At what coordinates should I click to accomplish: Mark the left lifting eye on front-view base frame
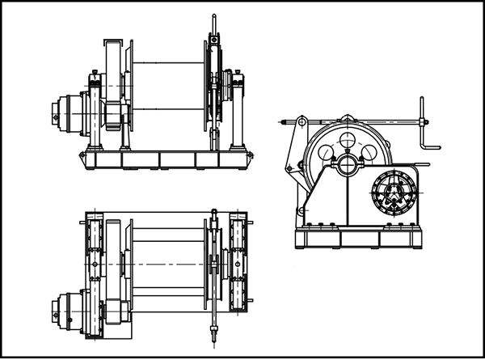tap(81, 152)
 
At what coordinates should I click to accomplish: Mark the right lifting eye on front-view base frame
tap(249, 152)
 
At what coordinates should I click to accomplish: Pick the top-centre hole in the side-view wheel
tap(348, 141)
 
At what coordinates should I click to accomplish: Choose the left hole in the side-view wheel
tap(327, 151)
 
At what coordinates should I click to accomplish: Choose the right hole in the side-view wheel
tap(370, 151)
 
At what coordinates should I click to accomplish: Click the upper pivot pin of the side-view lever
tap(301, 122)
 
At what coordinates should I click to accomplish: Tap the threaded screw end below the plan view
tap(214, 333)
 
